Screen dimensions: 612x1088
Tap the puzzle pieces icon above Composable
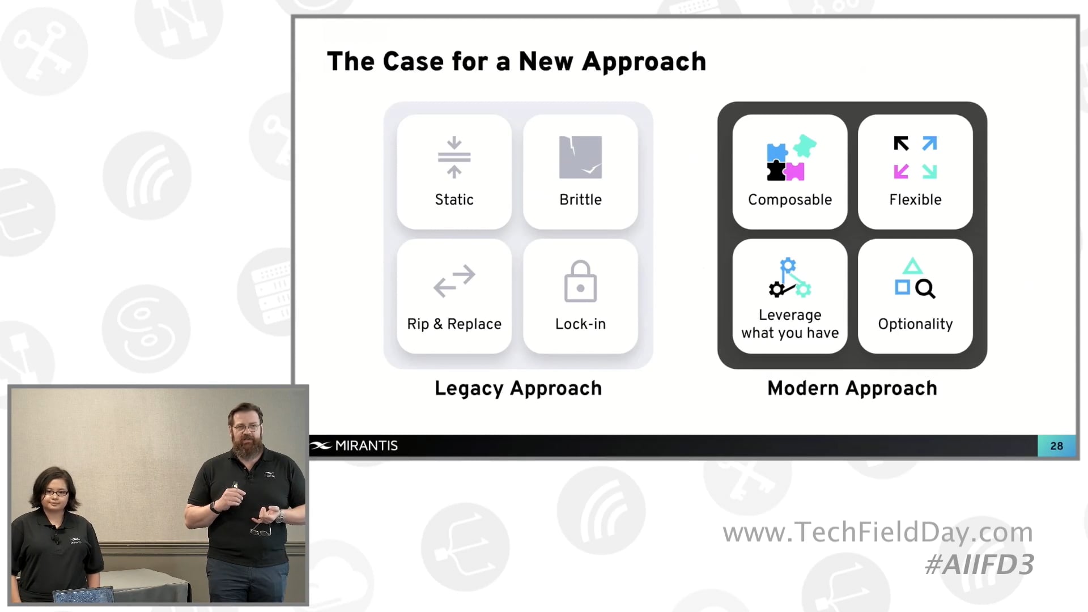pyautogui.click(x=790, y=158)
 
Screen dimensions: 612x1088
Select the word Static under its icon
pyautogui.click(x=454, y=199)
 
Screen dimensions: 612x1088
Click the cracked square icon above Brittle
pyautogui.click(x=580, y=157)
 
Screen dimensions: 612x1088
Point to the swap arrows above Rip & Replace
pyautogui.click(x=454, y=280)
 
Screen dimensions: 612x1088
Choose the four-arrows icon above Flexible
pyautogui.click(x=915, y=157)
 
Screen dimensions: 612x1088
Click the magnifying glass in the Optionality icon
pyautogui.click(x=925, y=288)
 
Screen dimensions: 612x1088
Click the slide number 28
pyautogui.click(x=1056, y=446)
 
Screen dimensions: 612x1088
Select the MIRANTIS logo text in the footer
pyautogui.click(x=366, y=446)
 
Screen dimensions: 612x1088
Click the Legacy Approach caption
pyautogui.click(x=518, y=388)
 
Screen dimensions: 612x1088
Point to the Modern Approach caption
pyautogui.click(x=852, y=388)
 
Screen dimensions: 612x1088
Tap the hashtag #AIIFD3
pyautogui.click(x=979, y=565)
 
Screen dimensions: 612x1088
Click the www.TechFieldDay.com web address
pyautogui.click(x=878, y=532)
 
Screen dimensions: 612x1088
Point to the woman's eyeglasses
pyautogui.click(x=56, y=493)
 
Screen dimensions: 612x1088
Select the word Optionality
pyautogui.click(x=915, y=324)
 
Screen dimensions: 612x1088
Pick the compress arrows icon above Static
pyautogui.click(x=454, y=157)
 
